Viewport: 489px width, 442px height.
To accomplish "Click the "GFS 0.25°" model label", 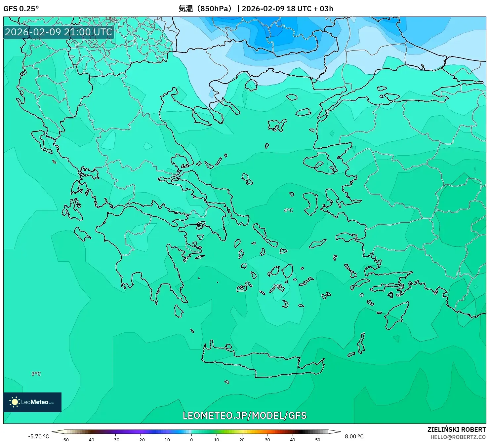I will coord(21,9).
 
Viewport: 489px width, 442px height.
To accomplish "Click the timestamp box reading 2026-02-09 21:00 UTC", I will coord(59,32).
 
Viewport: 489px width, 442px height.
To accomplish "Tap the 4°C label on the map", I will coord(288,210).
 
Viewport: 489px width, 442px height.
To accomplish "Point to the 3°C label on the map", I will coord(36,374).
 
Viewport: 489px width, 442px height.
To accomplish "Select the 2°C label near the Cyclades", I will coord(277,286).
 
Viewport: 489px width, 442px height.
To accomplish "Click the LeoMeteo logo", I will coord(32,402).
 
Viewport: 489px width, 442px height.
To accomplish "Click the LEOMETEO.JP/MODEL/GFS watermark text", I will coord(245,415).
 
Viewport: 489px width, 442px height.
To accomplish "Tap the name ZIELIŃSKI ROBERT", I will coord(457,429).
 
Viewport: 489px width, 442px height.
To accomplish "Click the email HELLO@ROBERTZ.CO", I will coord(458,437).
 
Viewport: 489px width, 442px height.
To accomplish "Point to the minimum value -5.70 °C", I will coord(39,436).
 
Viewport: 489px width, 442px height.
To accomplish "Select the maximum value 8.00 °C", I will coord(354,436).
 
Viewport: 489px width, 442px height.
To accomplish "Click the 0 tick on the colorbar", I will coord(191,439).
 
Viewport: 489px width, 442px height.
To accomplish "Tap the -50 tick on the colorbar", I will coord(65,439).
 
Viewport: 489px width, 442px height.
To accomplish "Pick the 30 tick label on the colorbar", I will coord(267,439).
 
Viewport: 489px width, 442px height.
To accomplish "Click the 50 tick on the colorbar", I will coord(318,439).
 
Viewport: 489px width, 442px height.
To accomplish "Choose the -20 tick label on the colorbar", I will coord(141,439).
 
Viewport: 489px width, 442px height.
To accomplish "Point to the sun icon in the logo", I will coord(15,402).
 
